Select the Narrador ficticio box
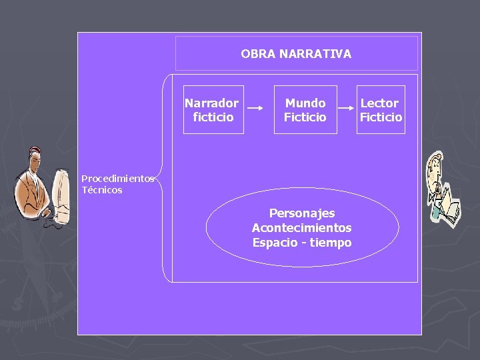coord(213,110)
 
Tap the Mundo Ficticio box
coord(305,110)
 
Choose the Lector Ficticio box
coord(380,110)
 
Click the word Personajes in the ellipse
coord(302,213)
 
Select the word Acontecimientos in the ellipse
coord(302,228)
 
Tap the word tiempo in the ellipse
coord(333,243)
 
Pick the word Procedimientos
coord(117,179)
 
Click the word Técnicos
coord(102,190)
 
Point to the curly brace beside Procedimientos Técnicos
coord(163,178)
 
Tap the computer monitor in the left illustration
coord(62,197)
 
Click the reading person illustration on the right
coord(442,188)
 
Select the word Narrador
coord(211,103)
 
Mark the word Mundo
coord(305,103)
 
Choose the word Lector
coord(379,103)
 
